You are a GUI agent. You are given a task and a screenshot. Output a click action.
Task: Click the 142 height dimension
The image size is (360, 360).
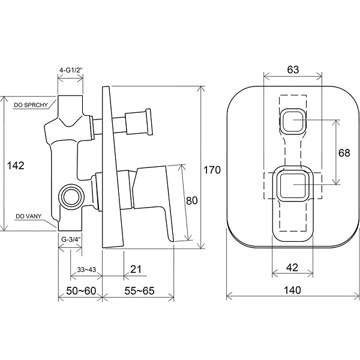point(16,166)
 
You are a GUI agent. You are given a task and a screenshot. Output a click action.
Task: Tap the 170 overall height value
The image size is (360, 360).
point(212,170)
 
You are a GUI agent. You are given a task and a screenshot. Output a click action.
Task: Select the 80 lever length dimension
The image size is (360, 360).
point(192,200)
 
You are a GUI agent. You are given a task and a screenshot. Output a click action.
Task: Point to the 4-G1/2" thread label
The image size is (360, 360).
point(71,70)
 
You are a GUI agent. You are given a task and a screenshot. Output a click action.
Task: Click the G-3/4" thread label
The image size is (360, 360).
point(71,239)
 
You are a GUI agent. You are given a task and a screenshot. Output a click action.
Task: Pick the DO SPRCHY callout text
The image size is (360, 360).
point(31,105)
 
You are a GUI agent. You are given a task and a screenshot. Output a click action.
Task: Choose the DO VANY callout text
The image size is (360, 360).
point(29,216)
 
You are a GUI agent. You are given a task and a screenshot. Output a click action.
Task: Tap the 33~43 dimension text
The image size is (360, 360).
point(86,269)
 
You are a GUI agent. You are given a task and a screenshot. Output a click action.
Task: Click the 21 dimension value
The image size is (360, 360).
point(136,269)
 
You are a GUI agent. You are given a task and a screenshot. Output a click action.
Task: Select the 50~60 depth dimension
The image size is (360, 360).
point(81,291)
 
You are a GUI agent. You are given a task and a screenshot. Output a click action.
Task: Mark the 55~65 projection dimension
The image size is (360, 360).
point(139,291)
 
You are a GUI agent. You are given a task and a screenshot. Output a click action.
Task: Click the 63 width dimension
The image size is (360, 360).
point(293,70)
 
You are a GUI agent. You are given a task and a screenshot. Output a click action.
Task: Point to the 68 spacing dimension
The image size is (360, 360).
point(344,153)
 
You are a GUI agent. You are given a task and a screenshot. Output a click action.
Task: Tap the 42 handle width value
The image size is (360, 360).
point(292,268)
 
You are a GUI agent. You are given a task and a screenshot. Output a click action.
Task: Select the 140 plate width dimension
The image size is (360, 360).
point(292,290)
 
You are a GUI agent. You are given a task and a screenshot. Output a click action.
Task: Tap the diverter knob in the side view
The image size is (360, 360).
point(138,122)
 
